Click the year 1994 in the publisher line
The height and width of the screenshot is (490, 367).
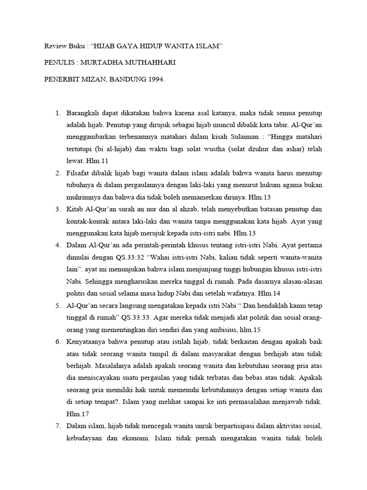154,80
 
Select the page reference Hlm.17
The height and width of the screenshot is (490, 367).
76,413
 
